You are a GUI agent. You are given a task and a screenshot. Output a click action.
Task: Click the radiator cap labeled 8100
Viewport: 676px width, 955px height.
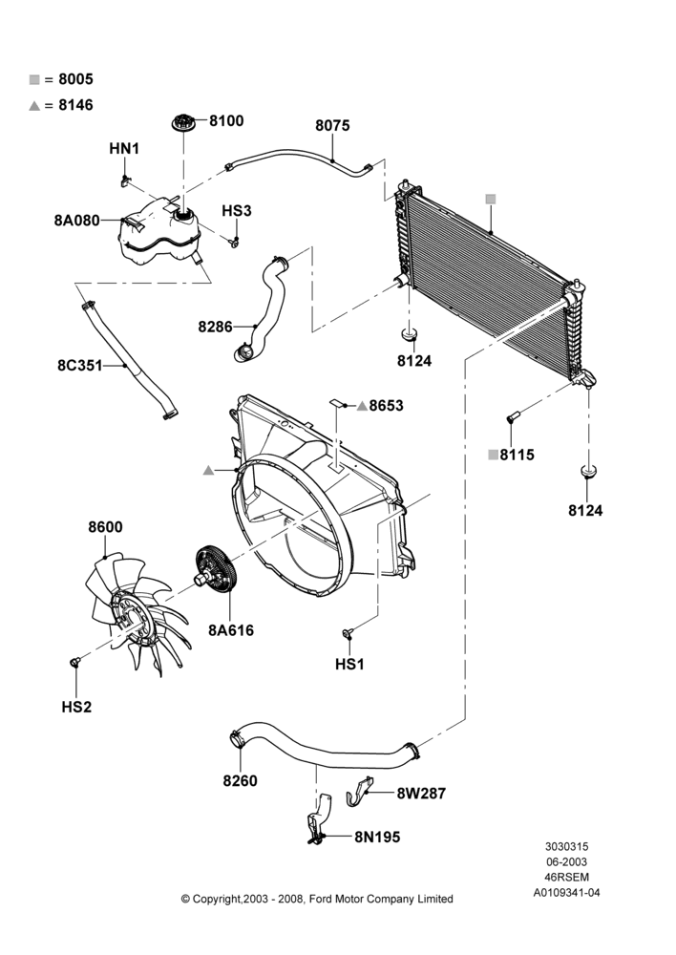(x=183, y=122)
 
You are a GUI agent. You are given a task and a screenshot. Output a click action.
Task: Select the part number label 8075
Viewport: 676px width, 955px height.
(x=332, y=125)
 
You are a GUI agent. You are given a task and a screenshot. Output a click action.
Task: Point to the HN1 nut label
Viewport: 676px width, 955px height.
(x=124, y=148)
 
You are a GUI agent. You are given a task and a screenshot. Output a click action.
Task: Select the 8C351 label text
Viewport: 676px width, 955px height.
(x=80, y=366)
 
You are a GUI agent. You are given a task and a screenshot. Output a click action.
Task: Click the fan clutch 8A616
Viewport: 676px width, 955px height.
(x=215, y=569)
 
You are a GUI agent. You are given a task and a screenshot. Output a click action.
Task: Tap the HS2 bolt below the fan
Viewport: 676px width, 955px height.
(x=74, y=662)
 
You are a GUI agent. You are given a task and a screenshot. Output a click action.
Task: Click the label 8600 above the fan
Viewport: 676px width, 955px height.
(x=105, y=527)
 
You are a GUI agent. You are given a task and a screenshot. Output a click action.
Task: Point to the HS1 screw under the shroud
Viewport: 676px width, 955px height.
(x=348, y=633)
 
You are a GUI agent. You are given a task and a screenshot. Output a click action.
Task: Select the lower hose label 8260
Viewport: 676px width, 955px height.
(x=240, y=781)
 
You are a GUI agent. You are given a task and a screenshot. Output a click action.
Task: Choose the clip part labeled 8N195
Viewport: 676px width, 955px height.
(x=319, y=819)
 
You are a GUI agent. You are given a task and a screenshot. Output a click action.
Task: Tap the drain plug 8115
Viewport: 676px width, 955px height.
(x=512, y=417)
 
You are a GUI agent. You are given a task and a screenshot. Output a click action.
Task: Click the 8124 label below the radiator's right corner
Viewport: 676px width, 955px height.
(x=585, y=510)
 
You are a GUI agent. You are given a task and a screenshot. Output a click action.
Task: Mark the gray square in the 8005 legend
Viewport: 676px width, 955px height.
(x=34, y=79)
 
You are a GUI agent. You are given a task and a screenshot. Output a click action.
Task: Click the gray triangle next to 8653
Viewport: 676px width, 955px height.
(x=362, y=405)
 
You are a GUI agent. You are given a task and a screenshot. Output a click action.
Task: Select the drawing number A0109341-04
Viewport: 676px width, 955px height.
(x=566, y=893)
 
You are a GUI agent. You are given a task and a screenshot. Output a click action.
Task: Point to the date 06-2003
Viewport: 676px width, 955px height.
(x=566, y=861)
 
